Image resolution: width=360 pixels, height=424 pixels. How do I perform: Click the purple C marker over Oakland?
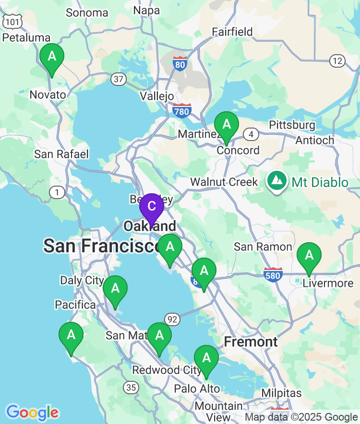[x=152, y=207]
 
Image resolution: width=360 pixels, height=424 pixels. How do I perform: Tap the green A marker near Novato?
[x=52, y=57]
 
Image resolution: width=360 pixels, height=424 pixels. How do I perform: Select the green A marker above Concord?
[x=227, y=125]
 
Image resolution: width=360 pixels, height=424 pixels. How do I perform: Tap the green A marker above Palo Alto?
[x=206, y=358]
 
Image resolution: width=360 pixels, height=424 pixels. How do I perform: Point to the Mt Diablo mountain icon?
[x=277, y=181]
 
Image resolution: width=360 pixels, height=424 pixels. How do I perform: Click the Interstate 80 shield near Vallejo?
[x=180, y=63]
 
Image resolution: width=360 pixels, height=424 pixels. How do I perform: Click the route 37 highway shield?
[x=118, y=79]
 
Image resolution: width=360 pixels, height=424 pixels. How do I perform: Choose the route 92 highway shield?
[x=172, y=318]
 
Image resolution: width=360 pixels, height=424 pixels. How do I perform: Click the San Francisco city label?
[x=102, y=246]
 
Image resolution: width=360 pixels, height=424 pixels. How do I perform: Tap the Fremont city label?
[x=251, y=342]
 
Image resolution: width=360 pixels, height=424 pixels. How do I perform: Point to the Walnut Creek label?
[x=224, y=182]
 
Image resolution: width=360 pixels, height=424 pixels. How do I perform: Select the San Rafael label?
[x=61, y=154]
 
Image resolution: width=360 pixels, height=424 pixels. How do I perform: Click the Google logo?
[x=32, y=412]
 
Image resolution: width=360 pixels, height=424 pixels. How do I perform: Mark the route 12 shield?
[x=337, y=60]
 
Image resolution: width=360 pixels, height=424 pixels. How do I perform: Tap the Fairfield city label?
[x=232, y=32]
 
